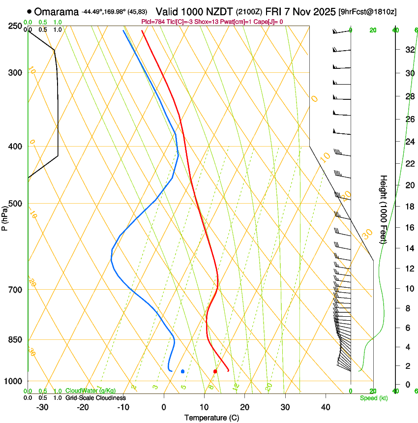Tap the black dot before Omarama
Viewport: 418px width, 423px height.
point(30,11)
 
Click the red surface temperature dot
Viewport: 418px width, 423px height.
point(215,371)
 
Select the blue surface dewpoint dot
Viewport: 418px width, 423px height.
point(182,371)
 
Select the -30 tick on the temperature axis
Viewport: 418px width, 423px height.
point(42,407)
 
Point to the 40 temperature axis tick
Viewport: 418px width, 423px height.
point(326,407)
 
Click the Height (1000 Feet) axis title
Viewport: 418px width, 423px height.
point(384,209)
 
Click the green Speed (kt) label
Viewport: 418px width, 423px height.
point(373,398)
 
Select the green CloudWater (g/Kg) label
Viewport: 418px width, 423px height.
point(91,391)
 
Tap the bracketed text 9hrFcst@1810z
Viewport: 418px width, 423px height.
point(368,11)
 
